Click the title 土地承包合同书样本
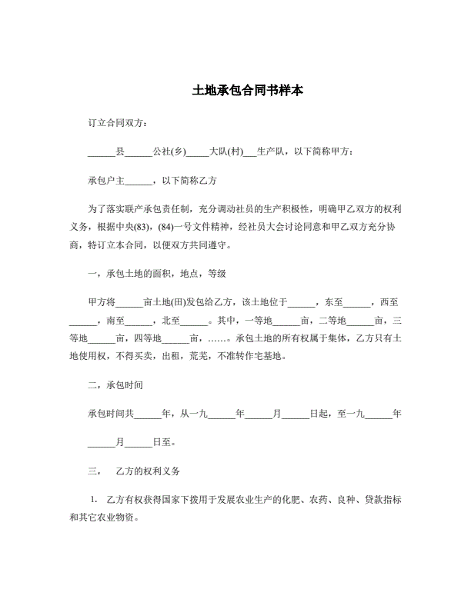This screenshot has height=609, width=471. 235,91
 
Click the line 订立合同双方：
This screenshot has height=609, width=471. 119,123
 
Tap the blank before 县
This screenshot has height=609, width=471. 102,152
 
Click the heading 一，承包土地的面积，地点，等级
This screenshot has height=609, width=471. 156,274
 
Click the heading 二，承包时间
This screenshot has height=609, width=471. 116,384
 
